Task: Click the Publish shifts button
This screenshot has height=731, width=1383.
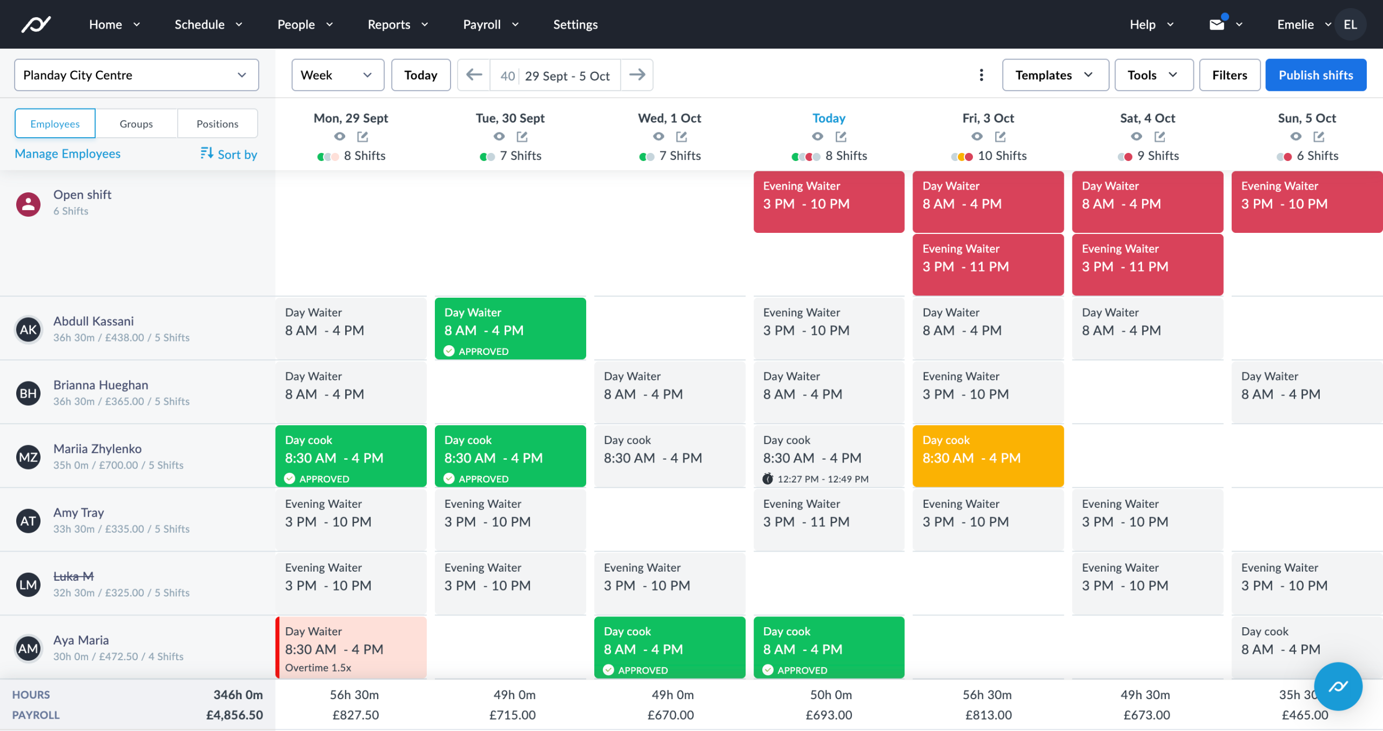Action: click(1315, 75)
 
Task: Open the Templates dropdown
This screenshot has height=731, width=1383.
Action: click(1055, 75)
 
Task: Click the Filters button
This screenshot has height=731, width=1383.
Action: click(1229, 75)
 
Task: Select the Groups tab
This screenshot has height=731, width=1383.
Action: click(136, 124)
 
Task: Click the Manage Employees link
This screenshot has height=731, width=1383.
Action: click(68, 154)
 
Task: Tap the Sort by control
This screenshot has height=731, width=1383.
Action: click(229, 155)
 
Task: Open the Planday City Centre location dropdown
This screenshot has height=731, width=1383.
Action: click(136, 75)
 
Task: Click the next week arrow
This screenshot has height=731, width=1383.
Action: click(637, 75)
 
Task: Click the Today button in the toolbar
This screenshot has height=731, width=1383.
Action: click(420, 75)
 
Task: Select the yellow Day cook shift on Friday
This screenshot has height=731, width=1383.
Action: click(988, 455)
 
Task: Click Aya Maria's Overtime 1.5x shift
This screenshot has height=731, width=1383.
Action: click(351, 647)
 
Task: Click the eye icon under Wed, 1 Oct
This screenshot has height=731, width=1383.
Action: click(658, 137)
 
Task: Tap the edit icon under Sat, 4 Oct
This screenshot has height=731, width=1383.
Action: click(1159, 137)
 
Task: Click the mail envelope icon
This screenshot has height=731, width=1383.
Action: click(1216, 24)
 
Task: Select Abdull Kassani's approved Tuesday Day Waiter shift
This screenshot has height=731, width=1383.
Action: click(510, 328)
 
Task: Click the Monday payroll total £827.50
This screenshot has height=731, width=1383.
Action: click(355, 715)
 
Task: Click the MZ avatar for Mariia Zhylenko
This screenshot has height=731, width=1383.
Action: click(28, 457)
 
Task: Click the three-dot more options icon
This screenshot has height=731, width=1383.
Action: click(981, 75)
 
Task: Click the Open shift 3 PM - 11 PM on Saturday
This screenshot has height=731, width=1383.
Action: click(1147, 264)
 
